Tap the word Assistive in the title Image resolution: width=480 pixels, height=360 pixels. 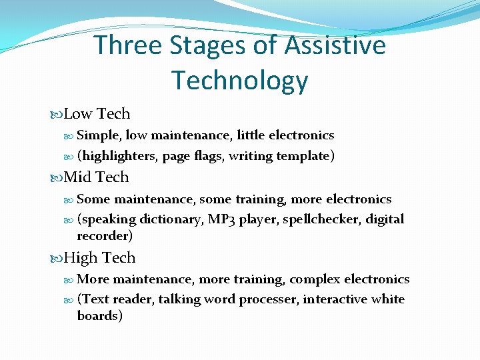click(x=335, y=45)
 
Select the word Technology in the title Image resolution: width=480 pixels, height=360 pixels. click(x=240, y=80)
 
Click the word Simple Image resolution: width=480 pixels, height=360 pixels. click(x=99, y=135)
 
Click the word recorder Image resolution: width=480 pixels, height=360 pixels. click(x=105, y=236)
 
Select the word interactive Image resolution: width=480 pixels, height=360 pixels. click(x=335, y=299)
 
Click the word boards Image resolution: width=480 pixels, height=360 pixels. click(x=99, y=316)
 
